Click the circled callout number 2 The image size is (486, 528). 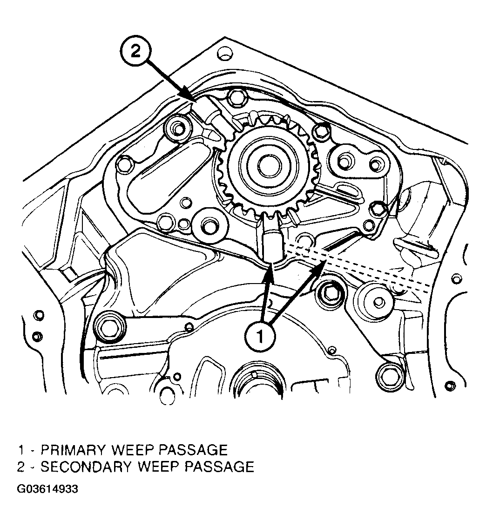[x=135, y=51]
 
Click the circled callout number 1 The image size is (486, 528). [x=260, y=336]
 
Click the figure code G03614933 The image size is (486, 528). [x=47, y=489]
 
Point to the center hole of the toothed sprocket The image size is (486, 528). [x=270, y=166]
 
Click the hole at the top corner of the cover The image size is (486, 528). [x=224, y=53]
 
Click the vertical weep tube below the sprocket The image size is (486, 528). [x=271, y=243]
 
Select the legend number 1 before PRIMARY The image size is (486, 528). [x=21, y=450]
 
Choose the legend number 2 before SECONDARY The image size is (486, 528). [x=21, y=467]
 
